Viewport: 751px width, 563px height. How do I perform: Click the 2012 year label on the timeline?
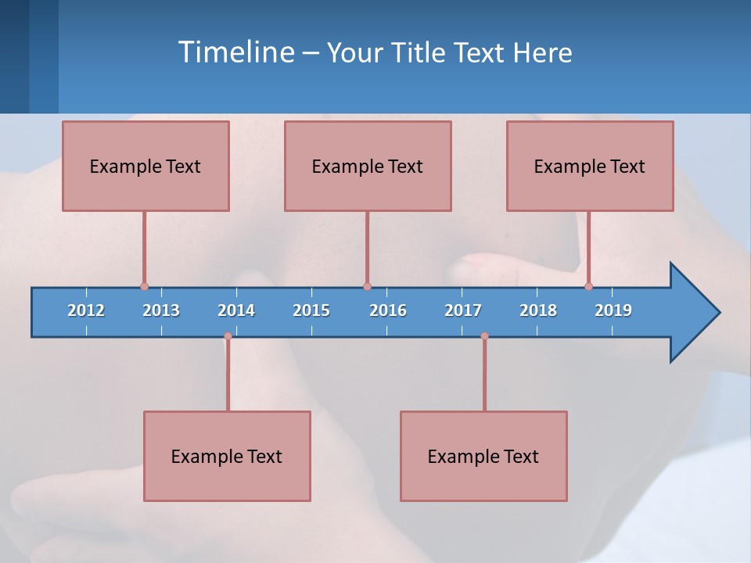(86, 310)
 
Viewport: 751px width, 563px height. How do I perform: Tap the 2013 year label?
(161, 310)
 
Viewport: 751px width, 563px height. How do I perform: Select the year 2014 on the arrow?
(236, 310)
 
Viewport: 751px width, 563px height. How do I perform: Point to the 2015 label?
(311, 310)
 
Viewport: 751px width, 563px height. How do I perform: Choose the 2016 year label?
(388, 310)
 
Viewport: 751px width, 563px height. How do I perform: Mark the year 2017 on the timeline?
(463, 310)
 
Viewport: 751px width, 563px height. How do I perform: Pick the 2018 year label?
(538, 310)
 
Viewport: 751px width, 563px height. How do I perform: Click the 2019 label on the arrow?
(613, 310)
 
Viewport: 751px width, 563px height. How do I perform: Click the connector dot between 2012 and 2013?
(144, 287)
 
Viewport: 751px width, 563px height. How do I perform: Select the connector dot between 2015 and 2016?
(367, 287)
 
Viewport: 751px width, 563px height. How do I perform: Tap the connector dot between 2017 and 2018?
(484, 336)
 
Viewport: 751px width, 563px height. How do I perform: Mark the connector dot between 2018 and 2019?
(589, 287)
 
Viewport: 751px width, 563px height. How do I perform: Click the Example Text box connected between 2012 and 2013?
(146, 166)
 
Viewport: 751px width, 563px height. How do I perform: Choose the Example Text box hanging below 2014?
(227, 456)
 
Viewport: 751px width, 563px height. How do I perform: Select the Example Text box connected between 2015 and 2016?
(368, 166)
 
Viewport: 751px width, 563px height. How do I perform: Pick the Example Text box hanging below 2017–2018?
(483, 456)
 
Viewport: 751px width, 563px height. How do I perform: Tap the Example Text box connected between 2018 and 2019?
(590, 166)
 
